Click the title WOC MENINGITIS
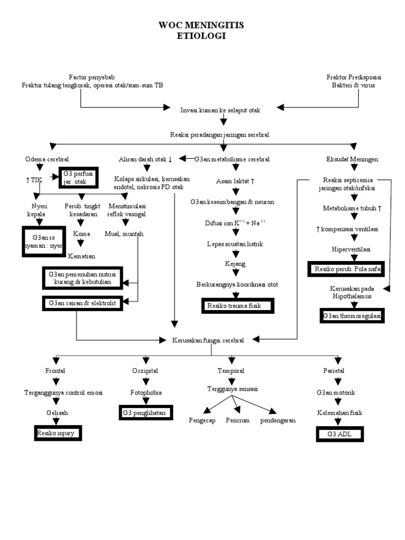pyautogui.click(x=201, y=25)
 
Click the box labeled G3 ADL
pyautogui.click(x=340, y=435)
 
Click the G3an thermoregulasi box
pyautogui.click(x=352, y=316)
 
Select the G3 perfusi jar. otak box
pyautogui.click(x=79, y=178)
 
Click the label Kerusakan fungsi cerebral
pyautogui.click(x=208, y=340)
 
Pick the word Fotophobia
pyautogui.click(x=146, y=392)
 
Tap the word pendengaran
pyautogui.click(x=277, y=420)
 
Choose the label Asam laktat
pyautogui.click(x=235, y=181)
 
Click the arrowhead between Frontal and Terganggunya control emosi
pyautogui.click(x=56, y=381)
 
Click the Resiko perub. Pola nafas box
pyautogui.click(x=346, y=269)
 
